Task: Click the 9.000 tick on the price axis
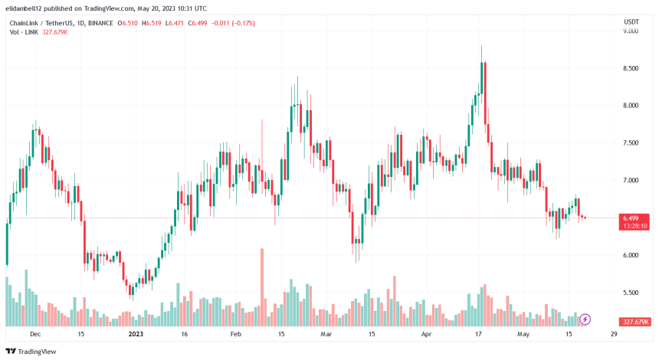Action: point(631,31)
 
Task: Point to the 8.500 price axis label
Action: point(631,69)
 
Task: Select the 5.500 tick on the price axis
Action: point(631,293)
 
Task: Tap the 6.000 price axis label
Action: point(631,255)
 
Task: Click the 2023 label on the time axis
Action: point(136,335)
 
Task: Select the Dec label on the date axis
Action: point(35,335)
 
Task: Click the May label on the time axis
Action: point(523,335)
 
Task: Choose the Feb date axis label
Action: point(235,335)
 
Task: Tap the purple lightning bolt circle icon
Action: point(585,319)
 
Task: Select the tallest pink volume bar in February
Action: point(262,287)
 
